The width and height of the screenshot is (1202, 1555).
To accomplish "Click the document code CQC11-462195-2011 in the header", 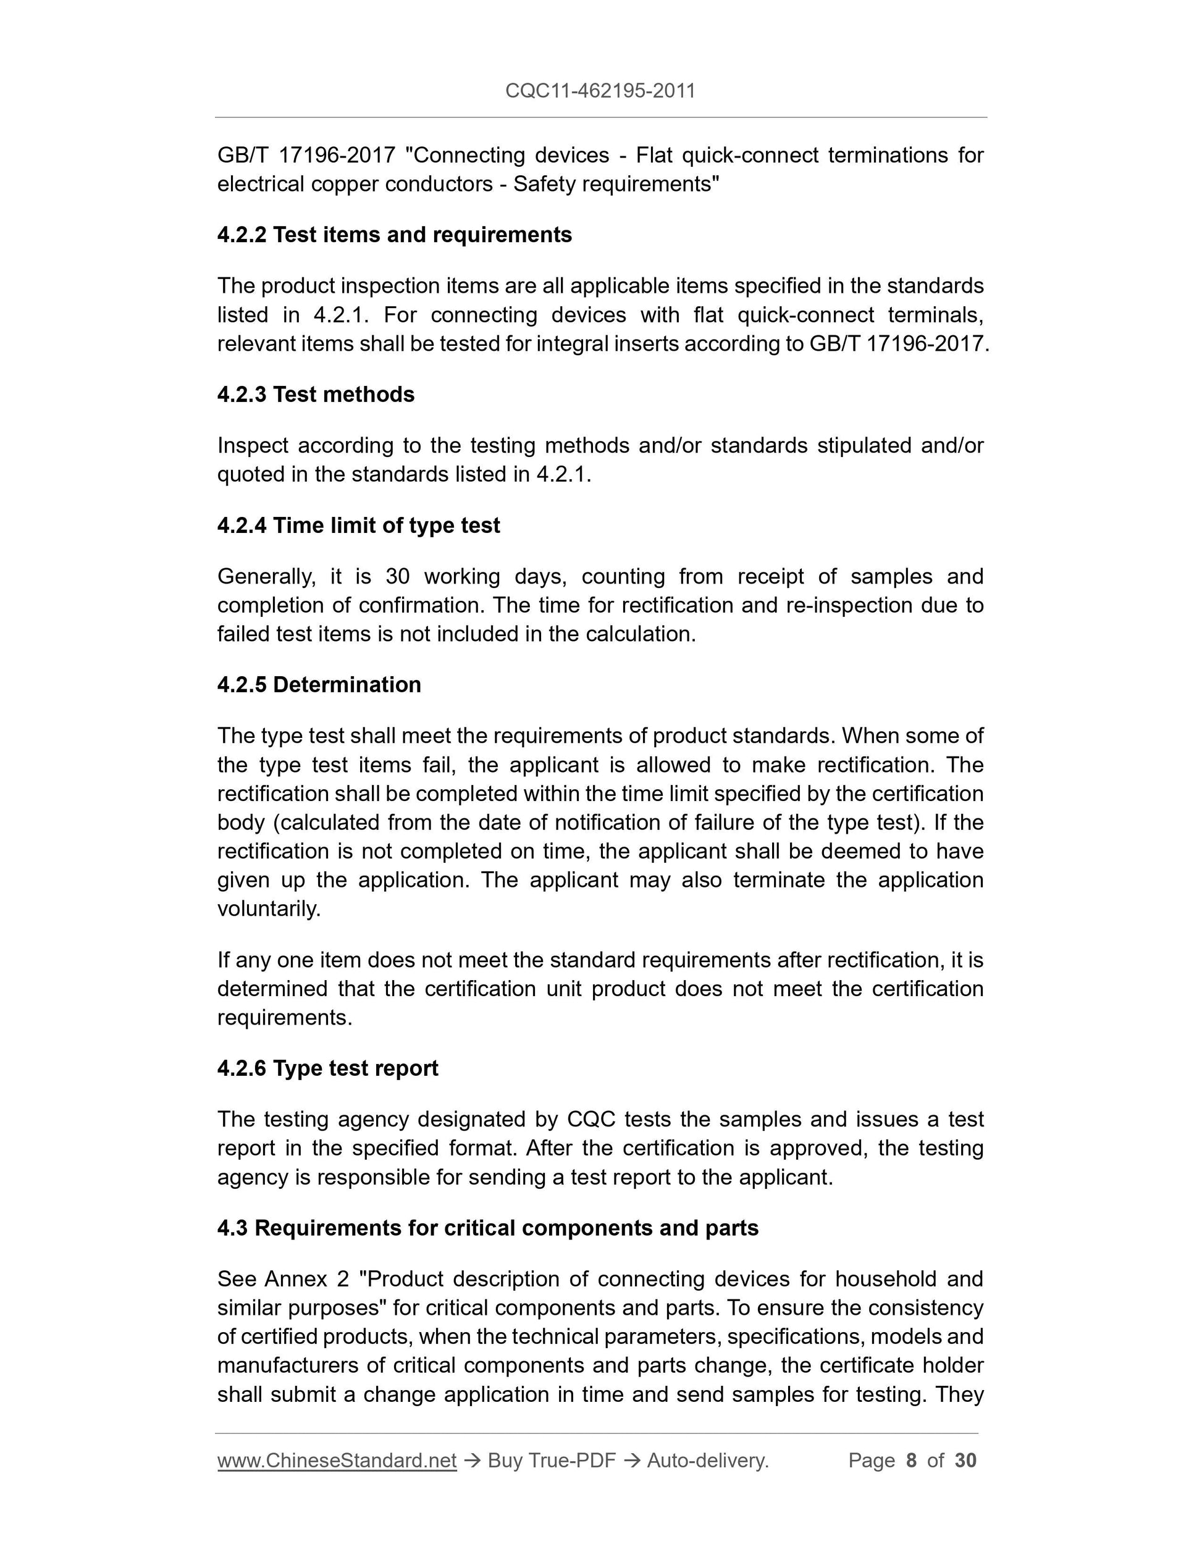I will tap(600, 90).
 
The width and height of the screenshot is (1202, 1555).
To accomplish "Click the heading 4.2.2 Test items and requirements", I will tap(395, 234).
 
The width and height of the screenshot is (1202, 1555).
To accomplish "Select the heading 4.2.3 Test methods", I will tap(316, 394).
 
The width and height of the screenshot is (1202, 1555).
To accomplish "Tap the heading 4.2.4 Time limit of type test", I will tap(358, 525).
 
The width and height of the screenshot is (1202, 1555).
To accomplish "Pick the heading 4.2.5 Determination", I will tap(319, 684).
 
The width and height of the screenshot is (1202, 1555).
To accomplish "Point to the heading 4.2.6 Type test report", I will tap(327, 1068).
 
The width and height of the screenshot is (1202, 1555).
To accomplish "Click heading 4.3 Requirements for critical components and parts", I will tap(488, 1228).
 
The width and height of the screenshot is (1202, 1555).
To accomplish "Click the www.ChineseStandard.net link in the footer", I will tap(337, 1461).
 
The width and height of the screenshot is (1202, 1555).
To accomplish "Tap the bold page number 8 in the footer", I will tap(910, 1461).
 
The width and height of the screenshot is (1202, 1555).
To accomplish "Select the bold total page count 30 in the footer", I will tap(965, 1461).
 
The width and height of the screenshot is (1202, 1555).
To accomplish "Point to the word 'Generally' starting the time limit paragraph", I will tap(266, 576).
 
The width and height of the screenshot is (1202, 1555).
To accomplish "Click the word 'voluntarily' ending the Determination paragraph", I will tap(269, 909).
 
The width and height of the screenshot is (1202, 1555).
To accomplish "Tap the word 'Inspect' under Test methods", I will tap(252, 445).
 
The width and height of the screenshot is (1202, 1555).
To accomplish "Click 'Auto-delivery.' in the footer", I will tap(708, 1461).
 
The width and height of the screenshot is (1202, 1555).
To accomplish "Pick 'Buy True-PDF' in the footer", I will tap(552, 1461).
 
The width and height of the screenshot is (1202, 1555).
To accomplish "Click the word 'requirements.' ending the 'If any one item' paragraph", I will tap(285, 1018).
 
